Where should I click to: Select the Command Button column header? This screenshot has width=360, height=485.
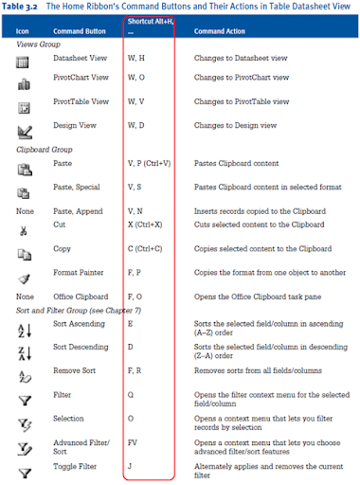click(x=81, y=30)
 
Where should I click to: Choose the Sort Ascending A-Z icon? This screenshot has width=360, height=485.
click(x=24, y=326)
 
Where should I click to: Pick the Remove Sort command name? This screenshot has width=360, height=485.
click(x=77, y=370)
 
